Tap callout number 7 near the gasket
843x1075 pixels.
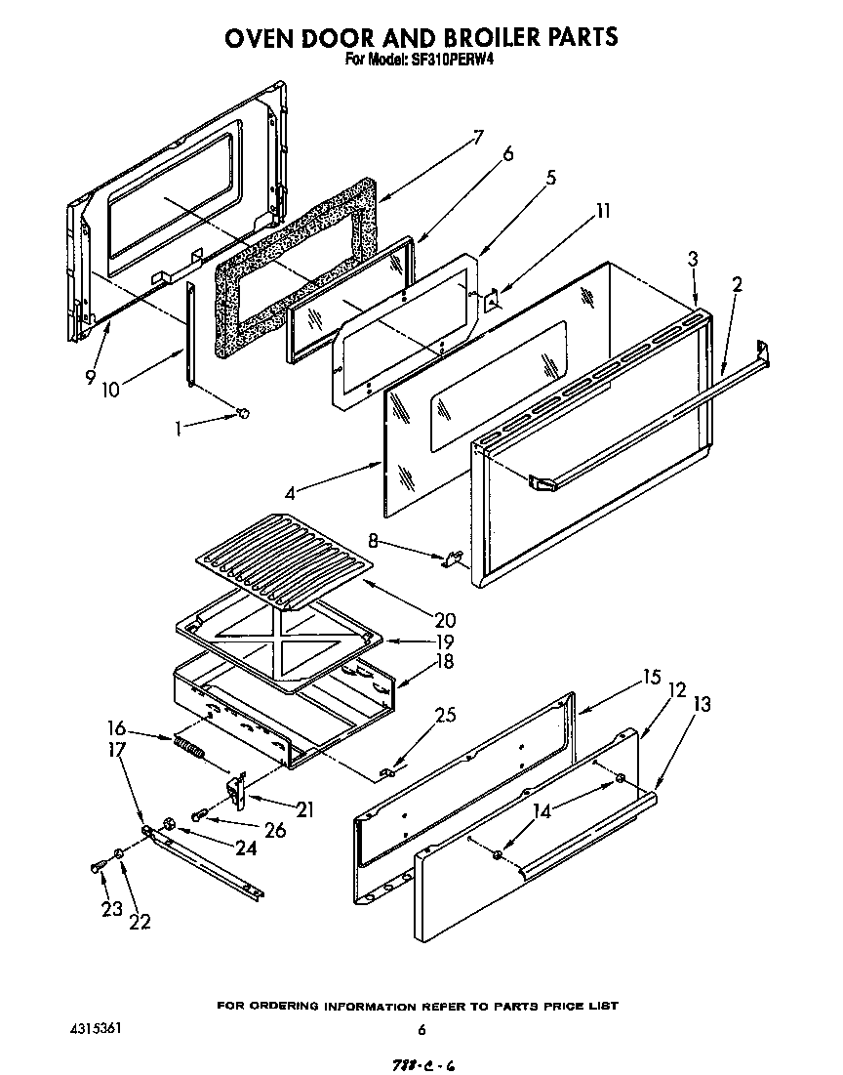pos(478,137)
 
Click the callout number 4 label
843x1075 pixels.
pos(290,494)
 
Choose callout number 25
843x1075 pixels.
pos(445,715)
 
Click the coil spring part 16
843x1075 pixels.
pos(190,749)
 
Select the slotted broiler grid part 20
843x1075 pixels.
pos(288,553)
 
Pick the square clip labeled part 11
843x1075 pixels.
pos(492,303)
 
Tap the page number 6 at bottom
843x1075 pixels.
pos(421,1029)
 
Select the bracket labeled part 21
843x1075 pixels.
pos(236,787)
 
